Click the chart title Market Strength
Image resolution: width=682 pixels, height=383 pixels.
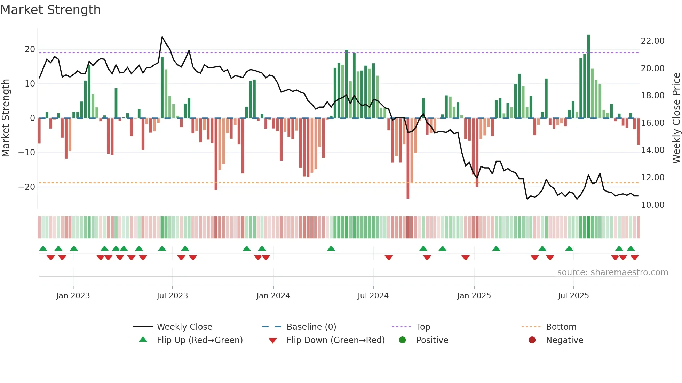pos(50,10)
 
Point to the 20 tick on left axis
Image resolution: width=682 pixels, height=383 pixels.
pos(30,49)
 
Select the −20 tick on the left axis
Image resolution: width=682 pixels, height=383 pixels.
pos(27,187)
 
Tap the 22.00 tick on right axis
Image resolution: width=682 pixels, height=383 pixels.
pos(652,41)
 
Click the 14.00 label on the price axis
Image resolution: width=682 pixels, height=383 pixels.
pos(652,150)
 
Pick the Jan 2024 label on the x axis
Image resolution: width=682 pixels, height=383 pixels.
pos(273,296)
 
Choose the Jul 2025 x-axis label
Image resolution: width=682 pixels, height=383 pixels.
pos(573,296)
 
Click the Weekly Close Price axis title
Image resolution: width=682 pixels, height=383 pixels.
pos(676,118)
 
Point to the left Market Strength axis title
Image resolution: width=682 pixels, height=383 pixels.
pos(6,118)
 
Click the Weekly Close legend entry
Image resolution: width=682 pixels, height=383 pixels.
pos(184,327)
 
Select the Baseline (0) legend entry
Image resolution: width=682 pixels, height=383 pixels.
pos(311,327)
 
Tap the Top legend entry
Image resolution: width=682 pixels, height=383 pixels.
pos(423,327)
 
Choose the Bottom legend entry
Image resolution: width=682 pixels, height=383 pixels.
pos(561,327)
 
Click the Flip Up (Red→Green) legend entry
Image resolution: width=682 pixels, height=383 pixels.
pos(199,340)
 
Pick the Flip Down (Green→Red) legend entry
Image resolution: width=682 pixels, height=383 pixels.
pos(335,340)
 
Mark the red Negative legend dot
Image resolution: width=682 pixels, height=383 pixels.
pos(532,340)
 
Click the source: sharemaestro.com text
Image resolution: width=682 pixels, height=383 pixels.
pos(612,272)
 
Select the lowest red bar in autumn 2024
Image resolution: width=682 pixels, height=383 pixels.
pos(408,158)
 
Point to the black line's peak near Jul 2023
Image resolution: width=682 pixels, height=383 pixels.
pos(162,37)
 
